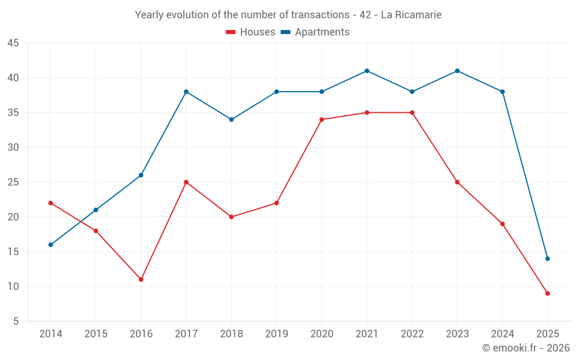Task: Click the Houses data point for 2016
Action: [x=141, y=279]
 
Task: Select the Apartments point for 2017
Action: [x=186, y=92]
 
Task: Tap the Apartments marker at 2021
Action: [x=367, y=71]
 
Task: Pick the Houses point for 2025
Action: [x=548, y=293]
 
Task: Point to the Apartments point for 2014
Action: [x=51, y=245]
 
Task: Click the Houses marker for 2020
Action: [x=322, y=120]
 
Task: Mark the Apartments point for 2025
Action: [x=548, y=259]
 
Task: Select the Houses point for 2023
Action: [x=457, y=182]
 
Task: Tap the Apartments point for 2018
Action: [x=232, y=120]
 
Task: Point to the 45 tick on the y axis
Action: [x=13, y=43]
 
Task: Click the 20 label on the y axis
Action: [x=13, y=217]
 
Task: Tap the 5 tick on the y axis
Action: [x=16, y=321]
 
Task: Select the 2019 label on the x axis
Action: [x=276, y=334]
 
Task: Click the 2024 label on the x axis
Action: [x=502, y=334]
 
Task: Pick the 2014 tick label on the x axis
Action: [x=51, y=334]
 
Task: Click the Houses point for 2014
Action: [x=51, y=203]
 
